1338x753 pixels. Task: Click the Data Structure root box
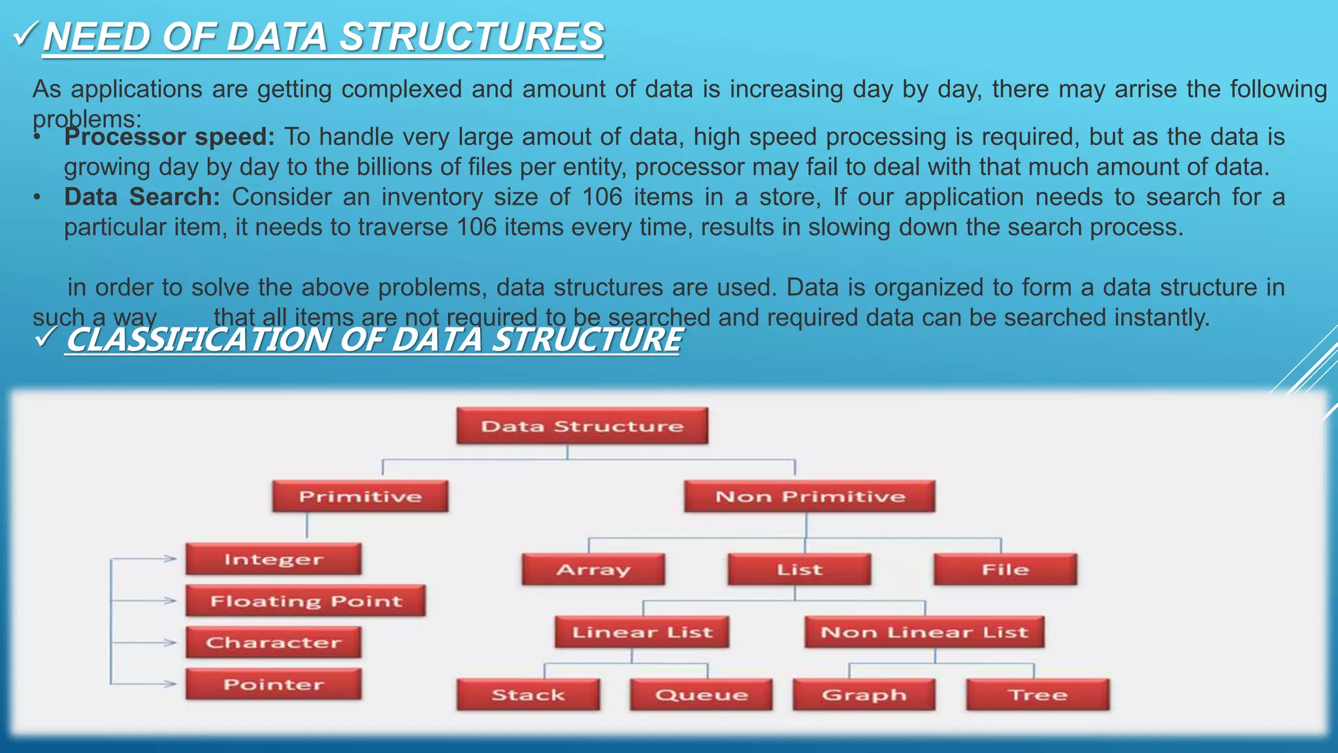pyautogui.click(x=581, y=426)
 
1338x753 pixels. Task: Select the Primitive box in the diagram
pyautogui.click(x=360, y=497)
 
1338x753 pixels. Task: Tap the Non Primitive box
pyautogui.click(x=809, y=497)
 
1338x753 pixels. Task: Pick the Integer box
pyautogui.click(x=273, y=560)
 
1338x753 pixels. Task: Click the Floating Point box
pyautogui.click(x=305, y=601)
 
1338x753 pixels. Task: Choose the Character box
pyautogui.click(x=273, y=643)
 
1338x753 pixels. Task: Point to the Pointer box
pyautogui.click(x=273, y=684)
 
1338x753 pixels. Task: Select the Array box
pyautogui.click(x=593, y=569)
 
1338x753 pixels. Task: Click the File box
pyautogui.click(x=1005, y=569)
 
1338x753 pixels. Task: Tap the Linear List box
pyautogui.click(x=642, y=632)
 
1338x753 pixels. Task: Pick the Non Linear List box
pyautogui.click(x=924, y=632)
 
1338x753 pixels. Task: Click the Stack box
pyautogui.click(x=528, y=695)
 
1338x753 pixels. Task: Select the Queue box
pyautogui.click(x=701, y=695)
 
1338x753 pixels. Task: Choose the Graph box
pyautogui.click(x=864, y=695)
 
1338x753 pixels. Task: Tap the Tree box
pyautogui.click(x=1037, y=695)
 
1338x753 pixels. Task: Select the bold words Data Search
pyautogui.click(x=142, y=197)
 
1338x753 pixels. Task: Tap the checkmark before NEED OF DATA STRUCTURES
pyautogui.click(x=27, y=34)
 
